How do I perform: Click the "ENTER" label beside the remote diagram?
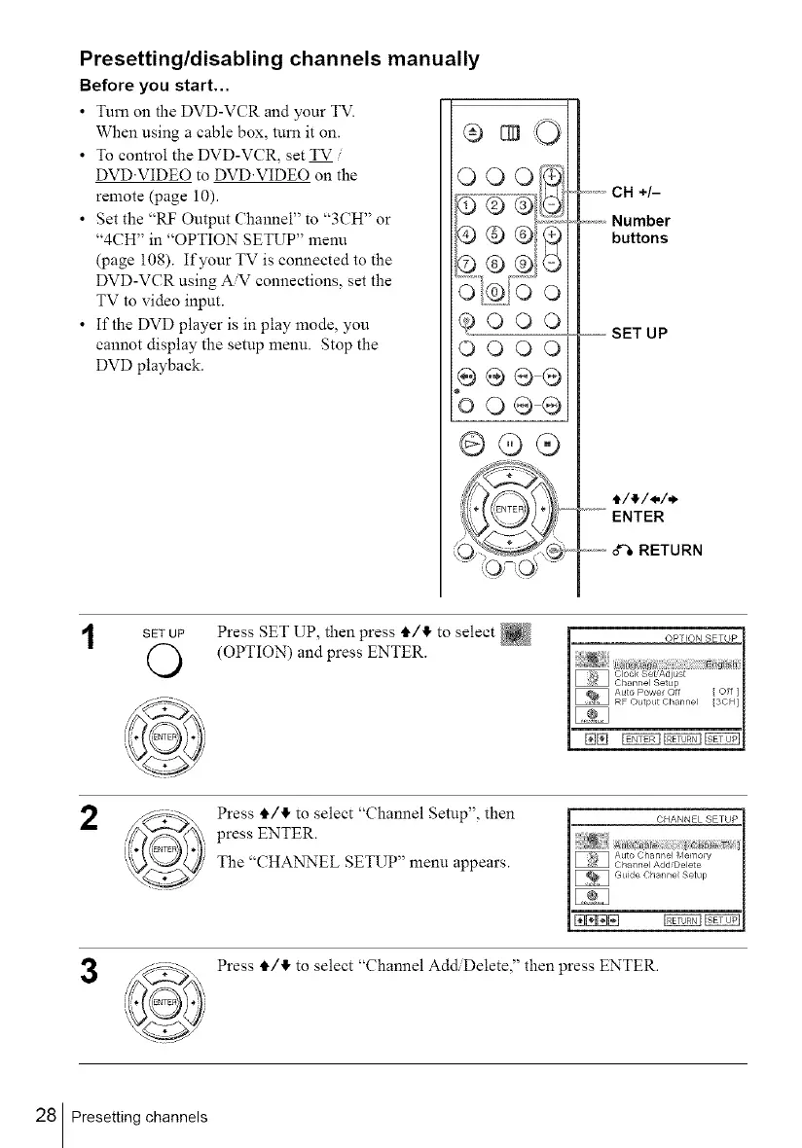(639, 517)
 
